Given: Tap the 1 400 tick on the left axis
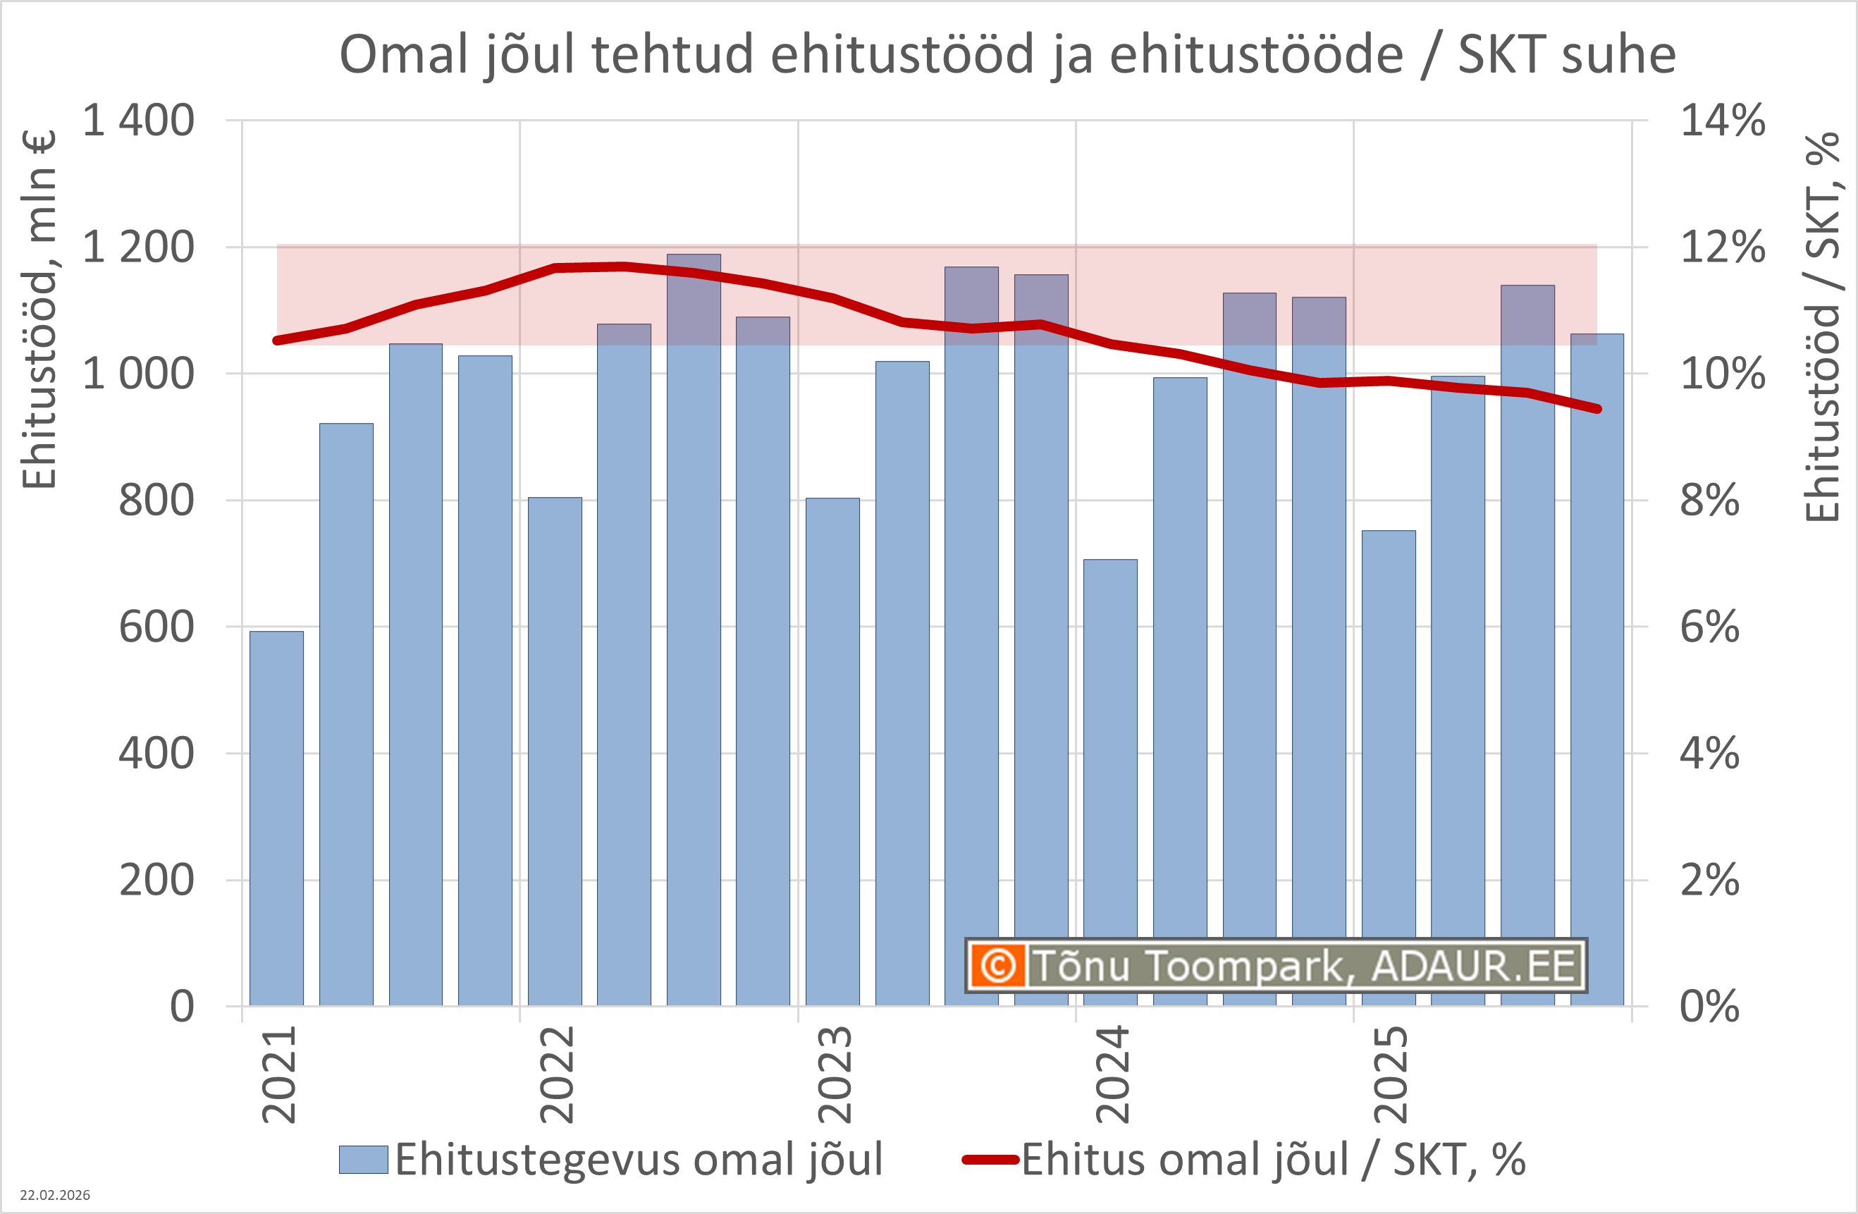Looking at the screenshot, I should [138, 121].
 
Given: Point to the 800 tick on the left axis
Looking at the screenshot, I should [156, 501].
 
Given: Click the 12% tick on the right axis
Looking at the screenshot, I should [1722, 247].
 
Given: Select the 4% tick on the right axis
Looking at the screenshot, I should [1710, 754].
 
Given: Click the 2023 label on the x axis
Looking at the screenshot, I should [834, 1075].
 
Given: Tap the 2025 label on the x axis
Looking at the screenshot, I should [1391, 1075].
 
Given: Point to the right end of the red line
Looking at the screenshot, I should [1597, 409].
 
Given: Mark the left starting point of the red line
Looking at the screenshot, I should [277, 341].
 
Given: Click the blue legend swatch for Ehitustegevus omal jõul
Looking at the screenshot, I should [363, 1159].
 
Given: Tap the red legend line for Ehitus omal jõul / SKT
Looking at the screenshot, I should [990, 1159].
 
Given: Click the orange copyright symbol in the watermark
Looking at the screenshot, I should [997, 966].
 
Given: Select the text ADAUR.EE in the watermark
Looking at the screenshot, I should [1473, 966].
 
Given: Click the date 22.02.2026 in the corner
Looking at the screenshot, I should [55, 1195].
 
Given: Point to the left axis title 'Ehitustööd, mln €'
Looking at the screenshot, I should [39, 309].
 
